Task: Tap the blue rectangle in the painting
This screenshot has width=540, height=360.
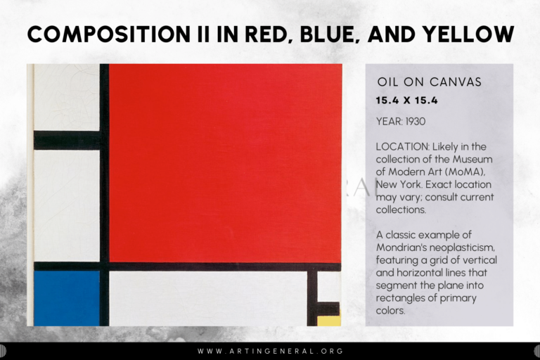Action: [67, 298]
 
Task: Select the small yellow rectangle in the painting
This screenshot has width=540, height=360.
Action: [329, 321]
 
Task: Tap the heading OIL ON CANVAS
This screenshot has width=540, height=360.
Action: [430, 82]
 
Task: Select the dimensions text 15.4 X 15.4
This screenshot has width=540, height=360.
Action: [407, 101]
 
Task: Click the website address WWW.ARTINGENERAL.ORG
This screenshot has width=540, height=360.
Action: [270, 351]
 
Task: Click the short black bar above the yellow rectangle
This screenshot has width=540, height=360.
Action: [328, 309]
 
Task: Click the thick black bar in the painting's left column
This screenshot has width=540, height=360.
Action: [67, 140]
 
